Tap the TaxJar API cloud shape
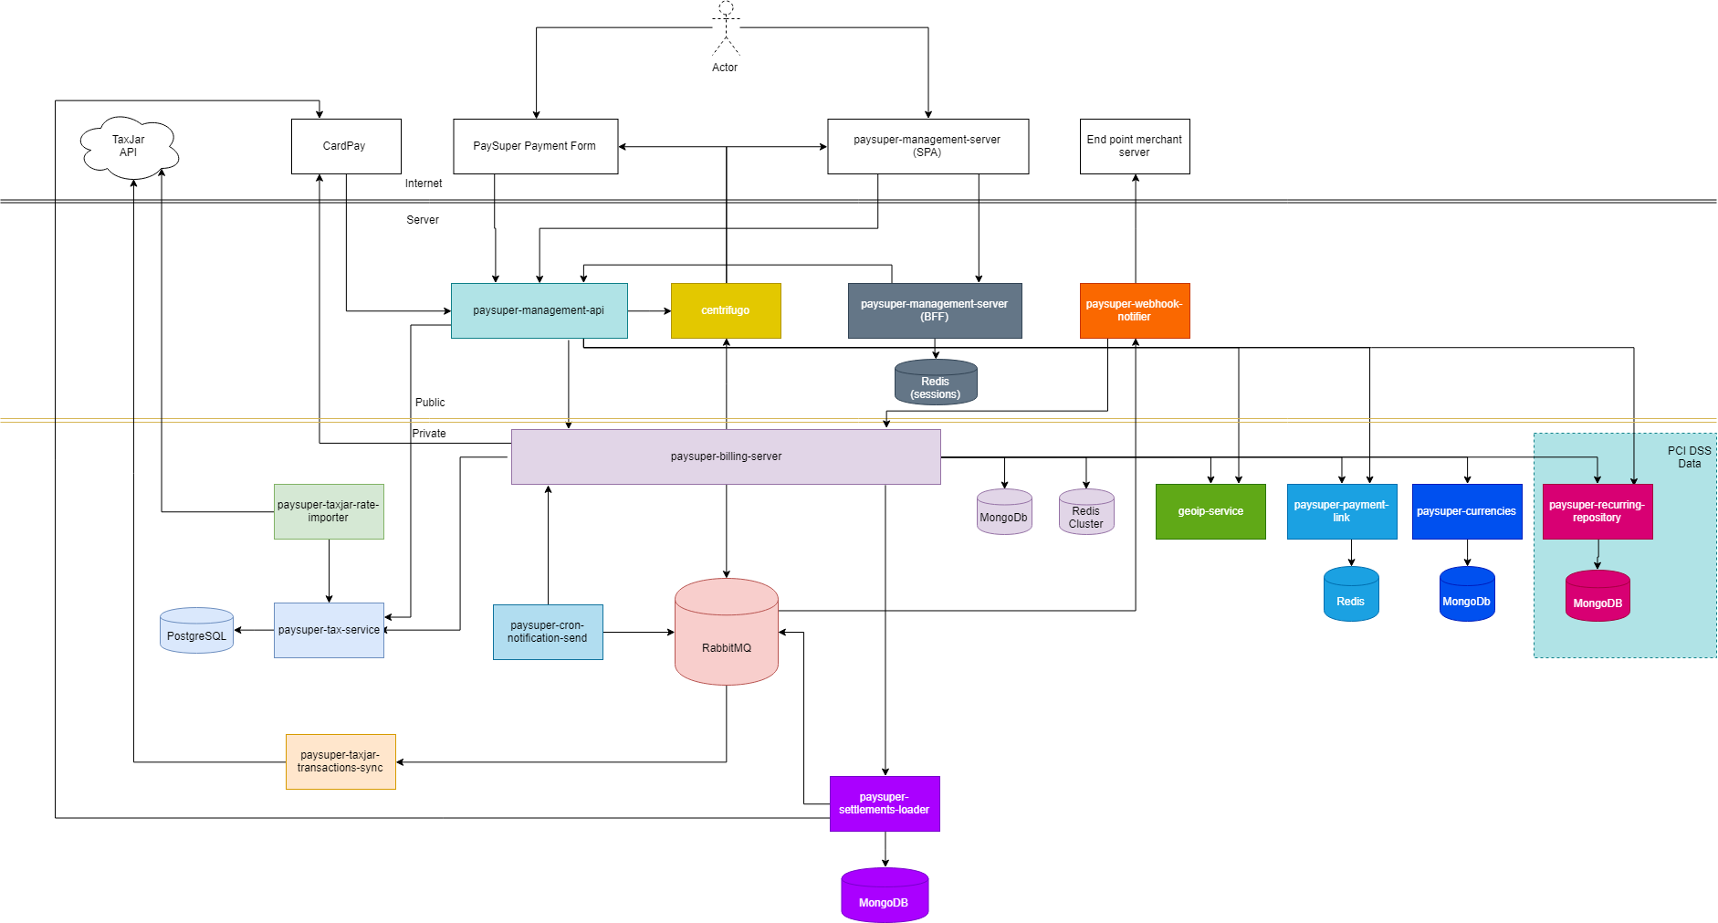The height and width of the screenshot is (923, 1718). (129, 147)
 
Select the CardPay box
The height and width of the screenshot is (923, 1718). (346, 146)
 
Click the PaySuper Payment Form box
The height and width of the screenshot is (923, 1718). (535, 146)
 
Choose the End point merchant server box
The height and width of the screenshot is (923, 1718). (1135, 146)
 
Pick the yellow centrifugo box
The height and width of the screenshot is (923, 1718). (726, 310)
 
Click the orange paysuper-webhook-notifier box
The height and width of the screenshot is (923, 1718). (1135, 310)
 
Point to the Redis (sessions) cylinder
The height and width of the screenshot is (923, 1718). (936, 383)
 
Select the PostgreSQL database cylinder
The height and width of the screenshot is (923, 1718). (196, 631)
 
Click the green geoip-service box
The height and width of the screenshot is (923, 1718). (1210, 511)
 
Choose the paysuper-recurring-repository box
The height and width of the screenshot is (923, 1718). (1598, 511)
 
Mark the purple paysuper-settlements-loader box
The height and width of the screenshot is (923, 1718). (885, 803)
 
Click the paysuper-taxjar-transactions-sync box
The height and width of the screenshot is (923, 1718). (340, 761)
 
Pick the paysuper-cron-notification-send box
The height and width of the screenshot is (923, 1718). (548, 632)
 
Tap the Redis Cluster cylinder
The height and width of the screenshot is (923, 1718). (1086, 512)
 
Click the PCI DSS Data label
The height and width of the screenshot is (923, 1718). (1689, 457)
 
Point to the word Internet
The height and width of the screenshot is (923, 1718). (424, 184)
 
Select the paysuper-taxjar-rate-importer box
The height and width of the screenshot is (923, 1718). (329, 511)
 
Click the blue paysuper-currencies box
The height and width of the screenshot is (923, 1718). (1467, 511)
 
